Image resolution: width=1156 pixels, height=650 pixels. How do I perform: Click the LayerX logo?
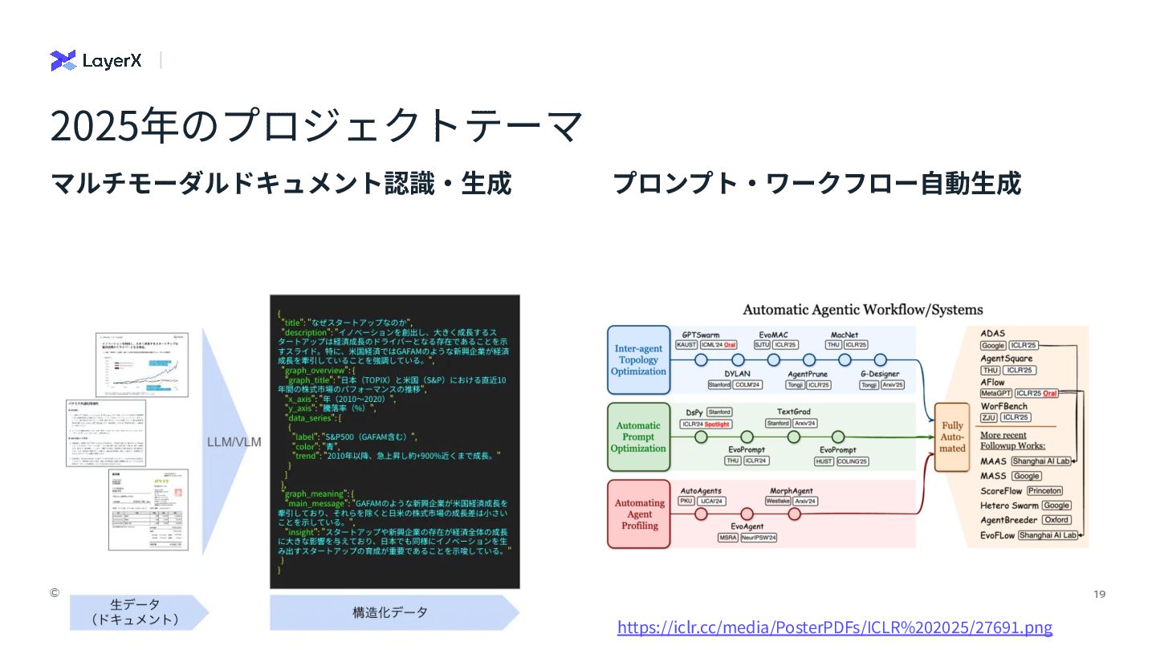pyautogui.click(x=96, y=60)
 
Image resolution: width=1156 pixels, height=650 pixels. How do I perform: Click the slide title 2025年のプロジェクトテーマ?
pyautogui.click(x=316, y=127)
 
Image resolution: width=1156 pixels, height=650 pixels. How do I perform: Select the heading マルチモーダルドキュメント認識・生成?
pyautogui.click(x=281, y=183)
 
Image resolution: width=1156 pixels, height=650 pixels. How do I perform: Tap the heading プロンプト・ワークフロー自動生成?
pyautogui.click(x=816, y=183)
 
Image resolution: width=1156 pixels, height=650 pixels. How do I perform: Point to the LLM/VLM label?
pyautogui.click(x=234, y=442)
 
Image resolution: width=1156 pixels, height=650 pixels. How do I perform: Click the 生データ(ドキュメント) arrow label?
pyautogui.click(x=135, y=612)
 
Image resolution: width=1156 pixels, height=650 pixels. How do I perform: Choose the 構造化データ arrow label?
pyautogui.click(x=390, y=612)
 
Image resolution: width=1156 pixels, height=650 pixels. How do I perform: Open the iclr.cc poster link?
pyautogui.click(x=834, y=627)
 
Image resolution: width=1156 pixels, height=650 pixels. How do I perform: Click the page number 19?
pyautogui.click(x=1100, y=594)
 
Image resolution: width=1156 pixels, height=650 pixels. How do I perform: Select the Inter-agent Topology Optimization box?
pyautogui.click(x=639, y=360)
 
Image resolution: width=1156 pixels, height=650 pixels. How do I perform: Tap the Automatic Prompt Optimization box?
pyautogui.click(x=638, y=437)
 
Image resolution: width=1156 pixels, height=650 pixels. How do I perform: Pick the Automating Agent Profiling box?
pyautogui.click(x=639, y=514)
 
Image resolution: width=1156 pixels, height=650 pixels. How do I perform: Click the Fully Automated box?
pyautogui.click(x=952, y=437)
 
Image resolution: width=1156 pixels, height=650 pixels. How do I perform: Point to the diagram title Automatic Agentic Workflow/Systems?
pyautogui.click(x=862, y=310)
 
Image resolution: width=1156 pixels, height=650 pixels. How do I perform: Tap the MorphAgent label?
pyautogui.click(x=791, y=490)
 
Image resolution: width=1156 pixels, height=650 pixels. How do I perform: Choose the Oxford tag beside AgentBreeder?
pyautogui.click(x=1056, y=520)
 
